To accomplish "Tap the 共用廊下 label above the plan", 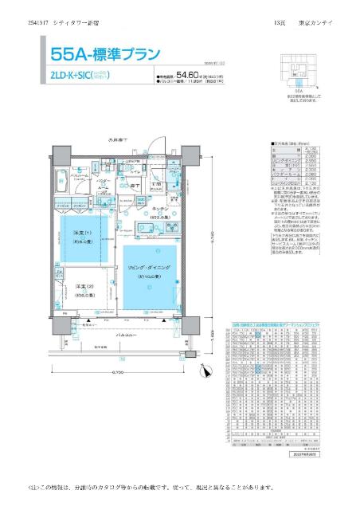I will pyautogui.click(x=119, y=142).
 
